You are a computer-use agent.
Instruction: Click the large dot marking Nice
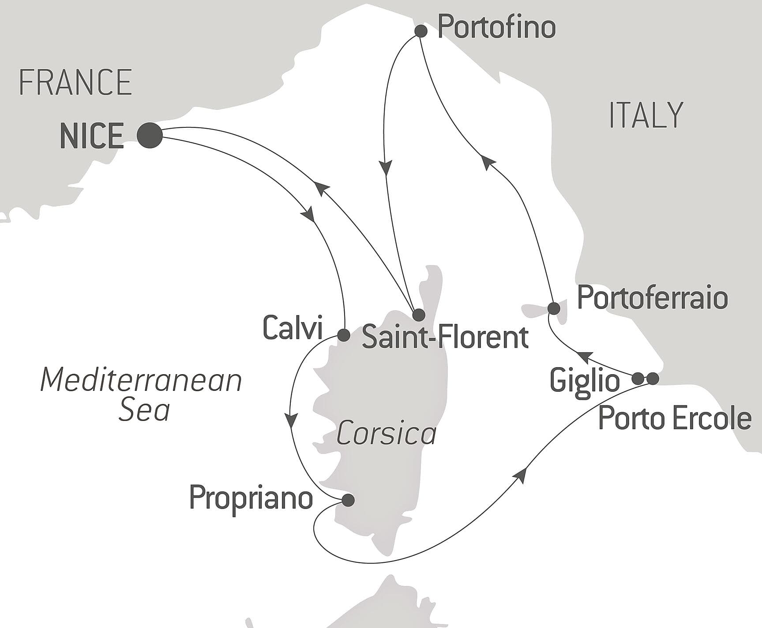click(150, 135)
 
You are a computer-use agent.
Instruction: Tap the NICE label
click(91, 136)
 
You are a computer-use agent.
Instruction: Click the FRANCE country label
click(75, 82)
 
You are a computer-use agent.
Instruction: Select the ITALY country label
click(646, 115)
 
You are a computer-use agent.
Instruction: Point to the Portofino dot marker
click(421, 31)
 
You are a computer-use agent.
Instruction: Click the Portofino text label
click(496, 27)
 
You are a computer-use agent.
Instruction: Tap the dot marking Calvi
click(344, 335)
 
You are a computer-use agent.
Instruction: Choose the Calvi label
click(293, 328)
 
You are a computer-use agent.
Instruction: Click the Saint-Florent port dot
click(418, 315)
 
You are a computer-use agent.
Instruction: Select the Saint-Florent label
click(445, 338)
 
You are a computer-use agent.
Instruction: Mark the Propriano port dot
click(348, 500)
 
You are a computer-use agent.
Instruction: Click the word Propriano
click(251, 498)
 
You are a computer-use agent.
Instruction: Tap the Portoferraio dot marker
click(554, 308)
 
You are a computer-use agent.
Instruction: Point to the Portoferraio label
click(652, 298)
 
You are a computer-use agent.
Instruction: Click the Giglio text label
click(585, 381)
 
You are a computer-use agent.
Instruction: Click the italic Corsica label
click(386, 434)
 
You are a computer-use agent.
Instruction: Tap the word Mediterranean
click(141, 380)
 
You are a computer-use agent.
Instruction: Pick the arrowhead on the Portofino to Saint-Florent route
click(386, 169)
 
